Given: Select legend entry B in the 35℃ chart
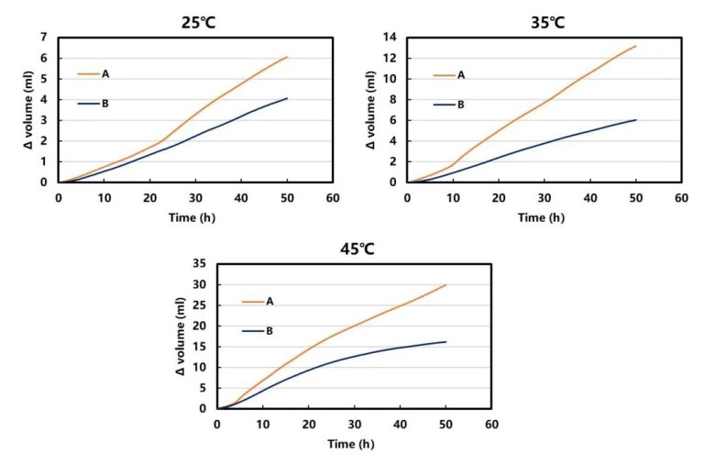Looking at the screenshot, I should pyautogui.click(x=460, y=105).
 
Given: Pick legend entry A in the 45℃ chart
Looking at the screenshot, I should pyautogui.click(x=270, y=301).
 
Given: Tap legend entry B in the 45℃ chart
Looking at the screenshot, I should pyautogui.click(x=270, y=331).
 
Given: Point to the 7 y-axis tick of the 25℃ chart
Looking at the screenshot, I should pyautogui.click(x=43, y=37).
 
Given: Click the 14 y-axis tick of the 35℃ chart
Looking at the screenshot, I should pyautogui.click(x=388, y=37).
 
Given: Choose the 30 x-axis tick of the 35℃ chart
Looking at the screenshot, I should pyautogui.click(x=544, y=196).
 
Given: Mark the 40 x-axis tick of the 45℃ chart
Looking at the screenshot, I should pyautogui.click(x=400, y=424).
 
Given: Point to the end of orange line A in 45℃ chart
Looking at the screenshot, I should pyautogui.click(x=446, y=284).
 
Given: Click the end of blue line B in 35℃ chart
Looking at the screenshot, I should pyautogui.click(x=635, y=120).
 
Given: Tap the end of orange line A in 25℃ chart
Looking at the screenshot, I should pyautogui.click(x=287, y=57).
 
